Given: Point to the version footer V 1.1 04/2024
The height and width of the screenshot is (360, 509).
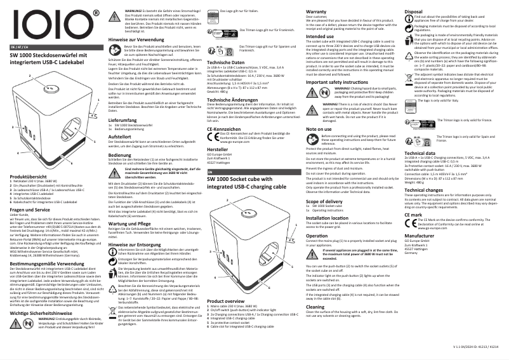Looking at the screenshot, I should [472, 349].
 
